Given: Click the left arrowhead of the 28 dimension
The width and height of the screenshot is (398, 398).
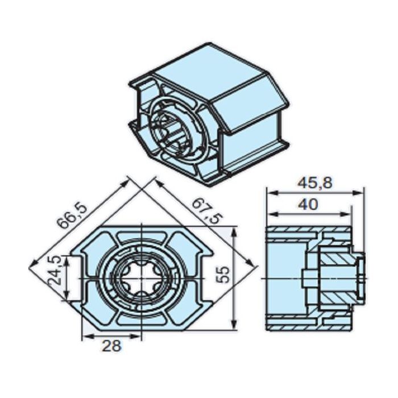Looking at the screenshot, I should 85,336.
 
